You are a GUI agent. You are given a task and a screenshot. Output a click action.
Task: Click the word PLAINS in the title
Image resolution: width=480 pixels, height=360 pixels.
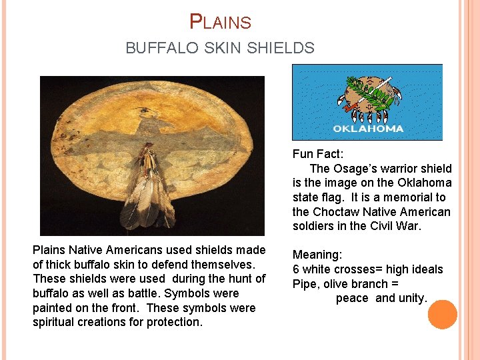pos(221,22)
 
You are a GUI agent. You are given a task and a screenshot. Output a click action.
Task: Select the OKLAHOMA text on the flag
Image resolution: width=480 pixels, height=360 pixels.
pos(367,129)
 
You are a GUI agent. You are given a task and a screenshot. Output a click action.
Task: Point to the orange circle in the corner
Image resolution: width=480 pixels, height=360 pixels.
pos(442,315)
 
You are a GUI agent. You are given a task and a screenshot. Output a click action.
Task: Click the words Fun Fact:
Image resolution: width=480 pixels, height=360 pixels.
pos(317,153)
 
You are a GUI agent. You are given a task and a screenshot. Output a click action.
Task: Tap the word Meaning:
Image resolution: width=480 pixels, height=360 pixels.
pos(317,255)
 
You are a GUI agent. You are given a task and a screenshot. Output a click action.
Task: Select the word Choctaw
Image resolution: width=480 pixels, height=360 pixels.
pos(337,212)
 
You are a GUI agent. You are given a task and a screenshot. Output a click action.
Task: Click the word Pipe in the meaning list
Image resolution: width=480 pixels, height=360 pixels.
pos(305,284)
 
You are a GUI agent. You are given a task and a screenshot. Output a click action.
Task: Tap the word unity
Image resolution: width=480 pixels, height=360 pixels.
pos(411,299)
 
